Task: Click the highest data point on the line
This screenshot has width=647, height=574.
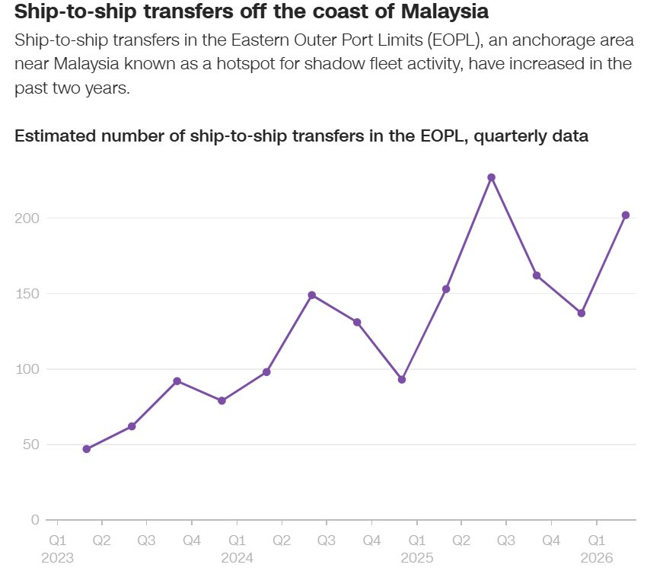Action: pos(492,177)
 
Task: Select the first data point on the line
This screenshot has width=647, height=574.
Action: pos(87,449)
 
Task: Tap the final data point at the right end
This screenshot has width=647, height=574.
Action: pos(626,215)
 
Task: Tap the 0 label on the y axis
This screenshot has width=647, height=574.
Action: pos(35,520)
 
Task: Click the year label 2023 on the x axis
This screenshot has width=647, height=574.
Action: pos(57,557)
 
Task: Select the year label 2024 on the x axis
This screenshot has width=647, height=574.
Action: pos(237,557)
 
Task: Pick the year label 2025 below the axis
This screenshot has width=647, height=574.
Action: pos(416,557)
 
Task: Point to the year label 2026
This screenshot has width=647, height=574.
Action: pos(596,557)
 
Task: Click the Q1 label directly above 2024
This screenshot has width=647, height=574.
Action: pos(237,540)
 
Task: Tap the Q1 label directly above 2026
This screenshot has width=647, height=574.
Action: pos(596,540)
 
